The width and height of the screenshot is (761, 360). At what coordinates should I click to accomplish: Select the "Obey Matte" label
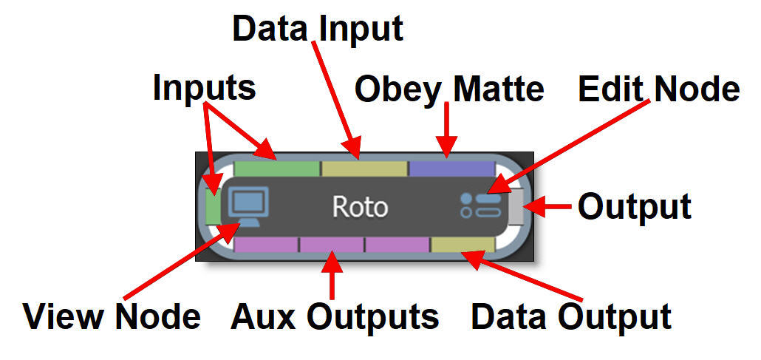449,89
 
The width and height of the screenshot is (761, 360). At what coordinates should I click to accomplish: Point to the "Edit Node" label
658,89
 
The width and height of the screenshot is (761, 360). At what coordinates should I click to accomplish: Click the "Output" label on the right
634,207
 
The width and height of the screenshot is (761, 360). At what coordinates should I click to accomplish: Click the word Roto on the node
360,207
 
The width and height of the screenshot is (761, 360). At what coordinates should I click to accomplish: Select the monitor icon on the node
249,205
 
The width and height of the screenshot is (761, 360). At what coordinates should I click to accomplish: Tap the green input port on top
276,168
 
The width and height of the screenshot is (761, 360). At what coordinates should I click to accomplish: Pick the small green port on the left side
213,205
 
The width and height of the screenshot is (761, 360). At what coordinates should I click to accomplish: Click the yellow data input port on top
364,168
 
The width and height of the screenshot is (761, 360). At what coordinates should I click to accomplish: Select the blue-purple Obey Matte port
451,168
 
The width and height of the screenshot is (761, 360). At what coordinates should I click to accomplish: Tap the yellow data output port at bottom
463,245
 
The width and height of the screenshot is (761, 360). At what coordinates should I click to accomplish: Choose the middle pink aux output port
332,245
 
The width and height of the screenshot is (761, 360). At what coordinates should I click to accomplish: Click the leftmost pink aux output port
266,245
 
